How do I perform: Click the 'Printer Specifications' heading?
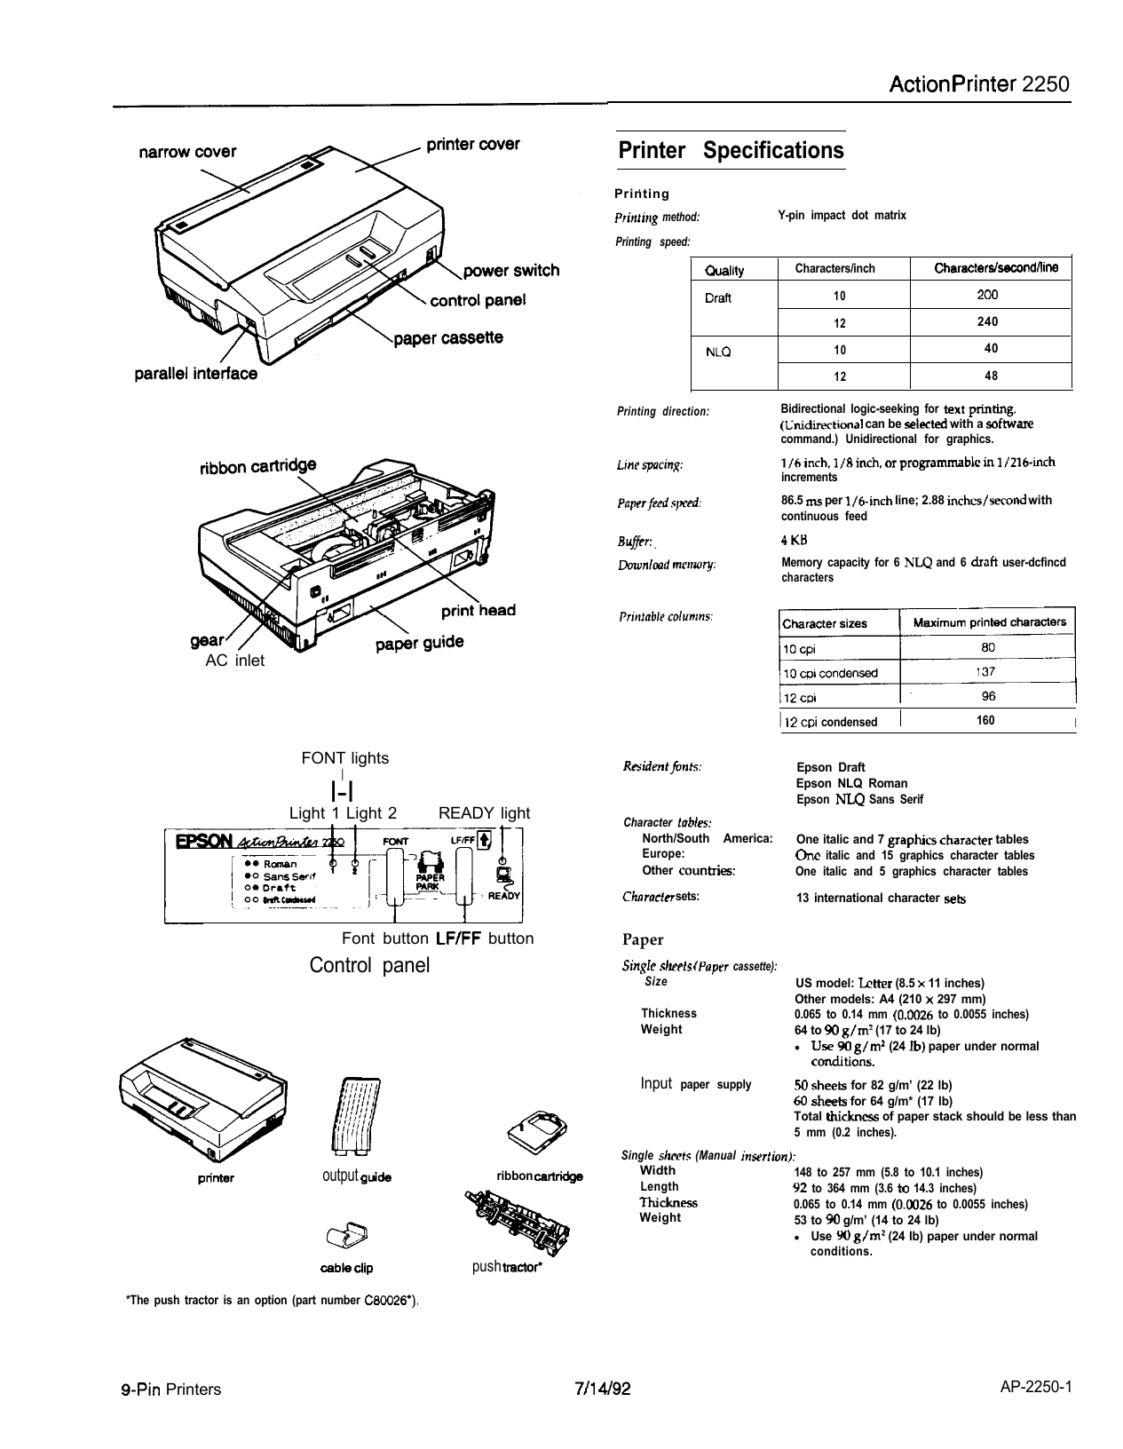pyautogui.click(x=731, y=150)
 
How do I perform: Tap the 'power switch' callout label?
pyautogui.click(x=512, y=271)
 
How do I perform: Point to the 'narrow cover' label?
pyautogui.click(x=186, y=152)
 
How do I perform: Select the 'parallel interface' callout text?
pyautogui.click(x=196, y=374)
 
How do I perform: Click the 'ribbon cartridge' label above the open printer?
pyautogui.click(x=256, y=467)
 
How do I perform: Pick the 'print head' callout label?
pyautogui.click(x=478, y=611)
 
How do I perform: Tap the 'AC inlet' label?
pyautogui.click(x=234, y=661)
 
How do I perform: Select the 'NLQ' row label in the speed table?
pyautogui.click(x=718, y=352)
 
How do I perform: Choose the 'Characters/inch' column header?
pyautogui.click(x=834, y=268)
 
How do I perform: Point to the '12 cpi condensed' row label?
pyautogui.click(x=829, y=722)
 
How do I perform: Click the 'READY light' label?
pyautogui.click(x=485, y=813)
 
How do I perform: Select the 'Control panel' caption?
pyautogui.click(x=369, y=965)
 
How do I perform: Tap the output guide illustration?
pyautogui.click(x=354, y=1119)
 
